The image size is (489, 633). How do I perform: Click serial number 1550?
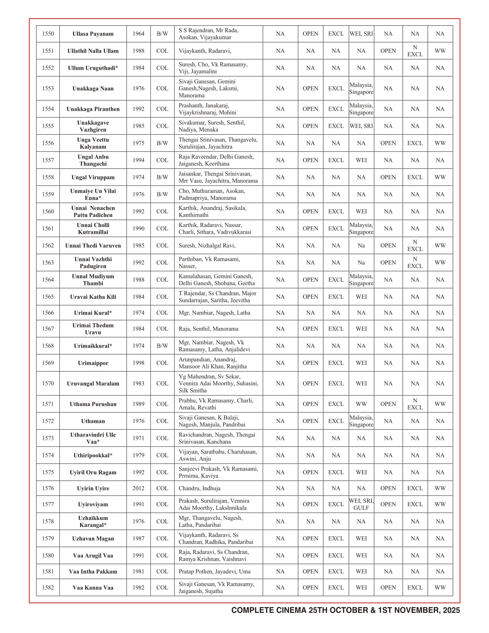(x=48, y=34)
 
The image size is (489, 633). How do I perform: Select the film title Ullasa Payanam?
(x=93, y=34)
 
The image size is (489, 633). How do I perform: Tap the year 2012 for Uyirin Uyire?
(x=138, y=488)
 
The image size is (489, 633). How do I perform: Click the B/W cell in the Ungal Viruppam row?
(x=162, y=177)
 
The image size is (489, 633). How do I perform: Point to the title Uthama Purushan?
(x=93, y=404)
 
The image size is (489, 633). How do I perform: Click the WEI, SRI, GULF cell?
(x=361, y=504)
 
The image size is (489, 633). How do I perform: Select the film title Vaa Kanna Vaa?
(x=93, y=588)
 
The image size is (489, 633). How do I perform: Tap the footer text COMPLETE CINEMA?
(x=345, y=610)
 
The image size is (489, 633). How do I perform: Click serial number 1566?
(x=48, y=313)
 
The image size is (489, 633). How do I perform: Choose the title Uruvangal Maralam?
(x=93, y=384)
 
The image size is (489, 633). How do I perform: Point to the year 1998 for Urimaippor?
(x=138, y=363)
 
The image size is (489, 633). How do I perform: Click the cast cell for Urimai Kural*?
(x=214, y=313)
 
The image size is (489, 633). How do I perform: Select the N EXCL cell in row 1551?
(x=415, y=51)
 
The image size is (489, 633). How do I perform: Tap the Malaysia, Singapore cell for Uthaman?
(x=361, y=421)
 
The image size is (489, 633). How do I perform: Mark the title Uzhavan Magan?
(x=93, y=539)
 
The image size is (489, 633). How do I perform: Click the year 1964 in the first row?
(x=138, y=34)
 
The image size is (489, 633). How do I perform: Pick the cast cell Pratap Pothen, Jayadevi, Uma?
(x=214, y=571)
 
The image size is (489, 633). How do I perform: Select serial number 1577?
(x=48, y=504)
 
